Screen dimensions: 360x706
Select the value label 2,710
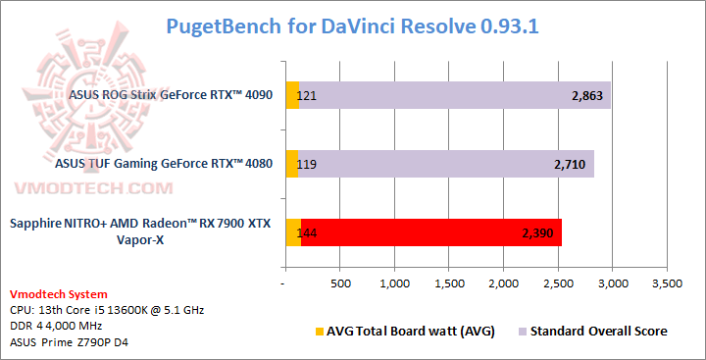(570, 165)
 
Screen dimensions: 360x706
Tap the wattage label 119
(305, 165)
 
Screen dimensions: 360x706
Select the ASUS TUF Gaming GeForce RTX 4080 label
(167, 165)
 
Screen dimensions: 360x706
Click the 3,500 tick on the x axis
(667, 283)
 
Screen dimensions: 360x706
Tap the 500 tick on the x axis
(340, 283)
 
